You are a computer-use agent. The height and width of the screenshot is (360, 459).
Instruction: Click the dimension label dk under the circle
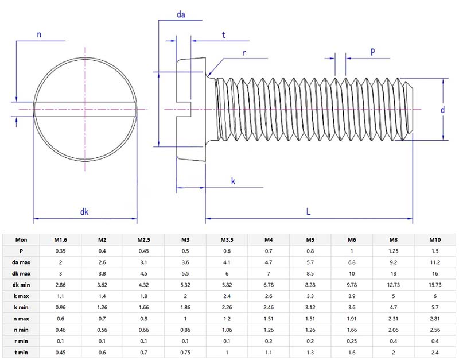pos(84,212)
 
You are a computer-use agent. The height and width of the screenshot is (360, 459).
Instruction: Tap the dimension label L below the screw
pos(308,211)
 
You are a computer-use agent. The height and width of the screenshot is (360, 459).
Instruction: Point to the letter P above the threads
pos(372,52)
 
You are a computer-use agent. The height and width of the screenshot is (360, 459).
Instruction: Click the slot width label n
pos(39,34)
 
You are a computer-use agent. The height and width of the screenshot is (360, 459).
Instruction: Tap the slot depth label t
pos(223,35)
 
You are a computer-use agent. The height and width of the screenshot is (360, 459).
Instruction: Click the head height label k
pos(233,181)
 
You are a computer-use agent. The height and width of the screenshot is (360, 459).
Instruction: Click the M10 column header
pos(435,240)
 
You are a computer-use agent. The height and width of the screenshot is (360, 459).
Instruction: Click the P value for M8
pos(394,251)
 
